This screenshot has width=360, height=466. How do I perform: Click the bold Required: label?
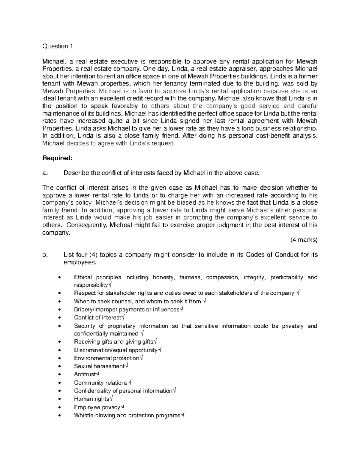(53, 158)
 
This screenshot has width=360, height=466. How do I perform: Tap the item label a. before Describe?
(45, 173)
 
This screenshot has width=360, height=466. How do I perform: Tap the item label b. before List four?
(45, 255)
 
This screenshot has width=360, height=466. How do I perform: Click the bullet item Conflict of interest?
(99, 317)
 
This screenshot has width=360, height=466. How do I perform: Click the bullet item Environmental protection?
(108, 358)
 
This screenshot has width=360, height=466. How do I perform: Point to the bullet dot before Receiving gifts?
(61, 342)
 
